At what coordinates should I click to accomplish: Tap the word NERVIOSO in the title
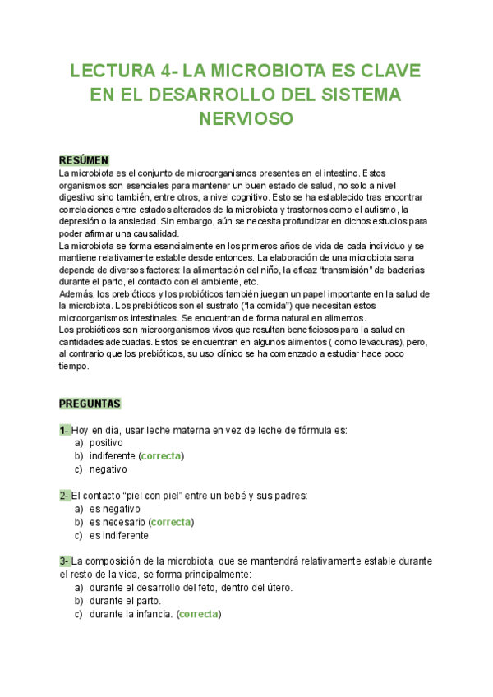246,118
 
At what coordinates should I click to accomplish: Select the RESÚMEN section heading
84,159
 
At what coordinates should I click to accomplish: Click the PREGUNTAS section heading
90,404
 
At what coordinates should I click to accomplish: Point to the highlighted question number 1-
64,430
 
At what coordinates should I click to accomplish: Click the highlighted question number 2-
64,496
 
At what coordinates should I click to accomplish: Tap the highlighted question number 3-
64,561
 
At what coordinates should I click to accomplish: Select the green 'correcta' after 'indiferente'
162,456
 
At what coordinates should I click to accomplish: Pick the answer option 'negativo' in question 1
108,469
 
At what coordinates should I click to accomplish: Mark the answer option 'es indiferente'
119,535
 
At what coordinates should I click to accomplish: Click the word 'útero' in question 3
277,588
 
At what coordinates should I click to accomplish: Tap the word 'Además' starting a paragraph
76,294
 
